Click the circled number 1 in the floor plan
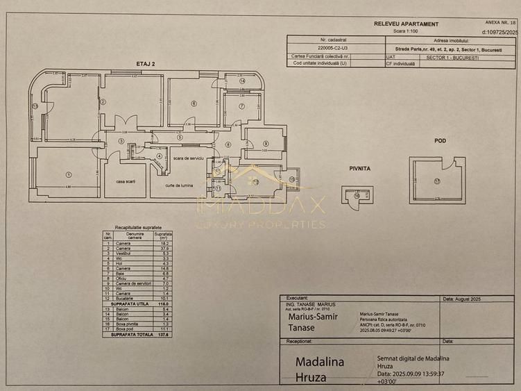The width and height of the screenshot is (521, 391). click(69, 174)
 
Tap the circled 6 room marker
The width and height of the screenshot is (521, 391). click(194, 103)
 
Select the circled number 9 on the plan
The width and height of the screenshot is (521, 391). click(265, 144)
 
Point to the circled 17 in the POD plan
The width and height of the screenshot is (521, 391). click(437, 182)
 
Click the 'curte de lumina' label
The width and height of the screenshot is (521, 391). click(178, 185)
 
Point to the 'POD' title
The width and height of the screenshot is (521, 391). click(440, 141)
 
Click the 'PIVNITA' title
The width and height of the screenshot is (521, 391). click(360, 168)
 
